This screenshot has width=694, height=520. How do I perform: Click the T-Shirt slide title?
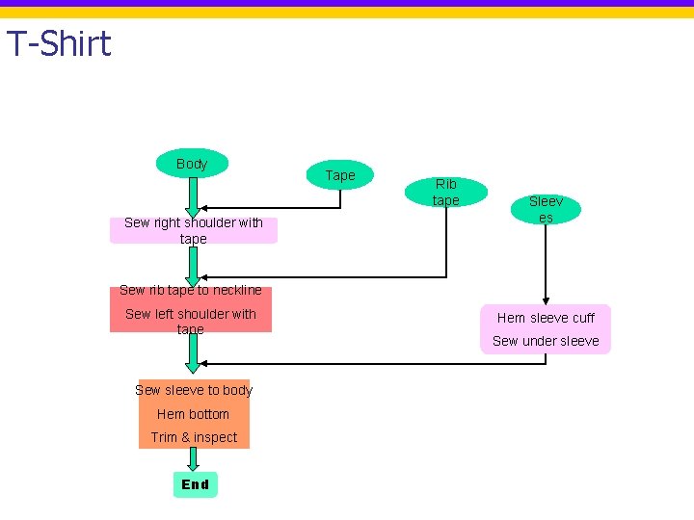tap(59, 43)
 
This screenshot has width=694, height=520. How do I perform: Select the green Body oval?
tap(192, 163)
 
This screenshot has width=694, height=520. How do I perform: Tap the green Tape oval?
tap(340, 174)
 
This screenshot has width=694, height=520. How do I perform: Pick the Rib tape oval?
tap(446, 192)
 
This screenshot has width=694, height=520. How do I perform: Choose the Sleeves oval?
tap(546, 209)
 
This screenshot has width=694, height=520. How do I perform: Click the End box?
tap(195, 484)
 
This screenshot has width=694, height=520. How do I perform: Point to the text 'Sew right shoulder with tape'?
tap(194, 230)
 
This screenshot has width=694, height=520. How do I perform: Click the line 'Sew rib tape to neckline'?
tap(190, 290)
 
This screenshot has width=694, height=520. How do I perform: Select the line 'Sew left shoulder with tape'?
tap(190, 322)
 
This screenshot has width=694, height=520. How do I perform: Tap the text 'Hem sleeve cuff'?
tap(546, 318)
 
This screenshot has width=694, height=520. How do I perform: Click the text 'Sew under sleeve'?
tap(546, 341)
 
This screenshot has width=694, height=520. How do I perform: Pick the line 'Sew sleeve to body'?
tap(194, 390)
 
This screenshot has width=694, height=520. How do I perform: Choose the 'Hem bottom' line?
tap(194, 414)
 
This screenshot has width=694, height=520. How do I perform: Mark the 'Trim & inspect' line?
tap(194, 437)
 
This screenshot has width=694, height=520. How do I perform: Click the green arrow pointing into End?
tap(193, 459)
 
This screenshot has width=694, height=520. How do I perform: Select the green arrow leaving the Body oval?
tap(193, 197)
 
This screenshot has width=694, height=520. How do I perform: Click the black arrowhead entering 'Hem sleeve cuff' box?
tap(546, 301)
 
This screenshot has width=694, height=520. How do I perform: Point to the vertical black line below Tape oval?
tap(340, 198)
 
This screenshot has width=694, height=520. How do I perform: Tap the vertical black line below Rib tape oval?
tap(446, 242)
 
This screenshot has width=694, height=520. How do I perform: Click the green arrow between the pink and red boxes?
tap(193, 267)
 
